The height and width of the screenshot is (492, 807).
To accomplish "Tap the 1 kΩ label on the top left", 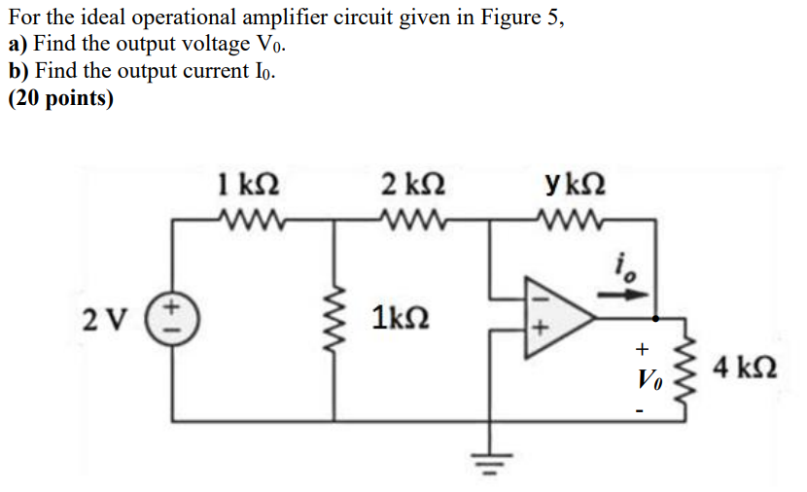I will [x=250, y=182].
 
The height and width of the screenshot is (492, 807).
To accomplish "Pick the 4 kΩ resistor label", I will [x=743, y=369].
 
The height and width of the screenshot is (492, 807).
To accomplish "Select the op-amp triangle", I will [x=554, y=317].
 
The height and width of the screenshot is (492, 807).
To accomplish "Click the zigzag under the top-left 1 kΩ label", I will [x=250, y=219].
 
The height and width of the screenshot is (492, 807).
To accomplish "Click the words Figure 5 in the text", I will [x=522, y=19].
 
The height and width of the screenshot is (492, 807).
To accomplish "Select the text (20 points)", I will [x=60, y=98].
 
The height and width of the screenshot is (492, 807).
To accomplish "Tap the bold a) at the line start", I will [x=18, y=46].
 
